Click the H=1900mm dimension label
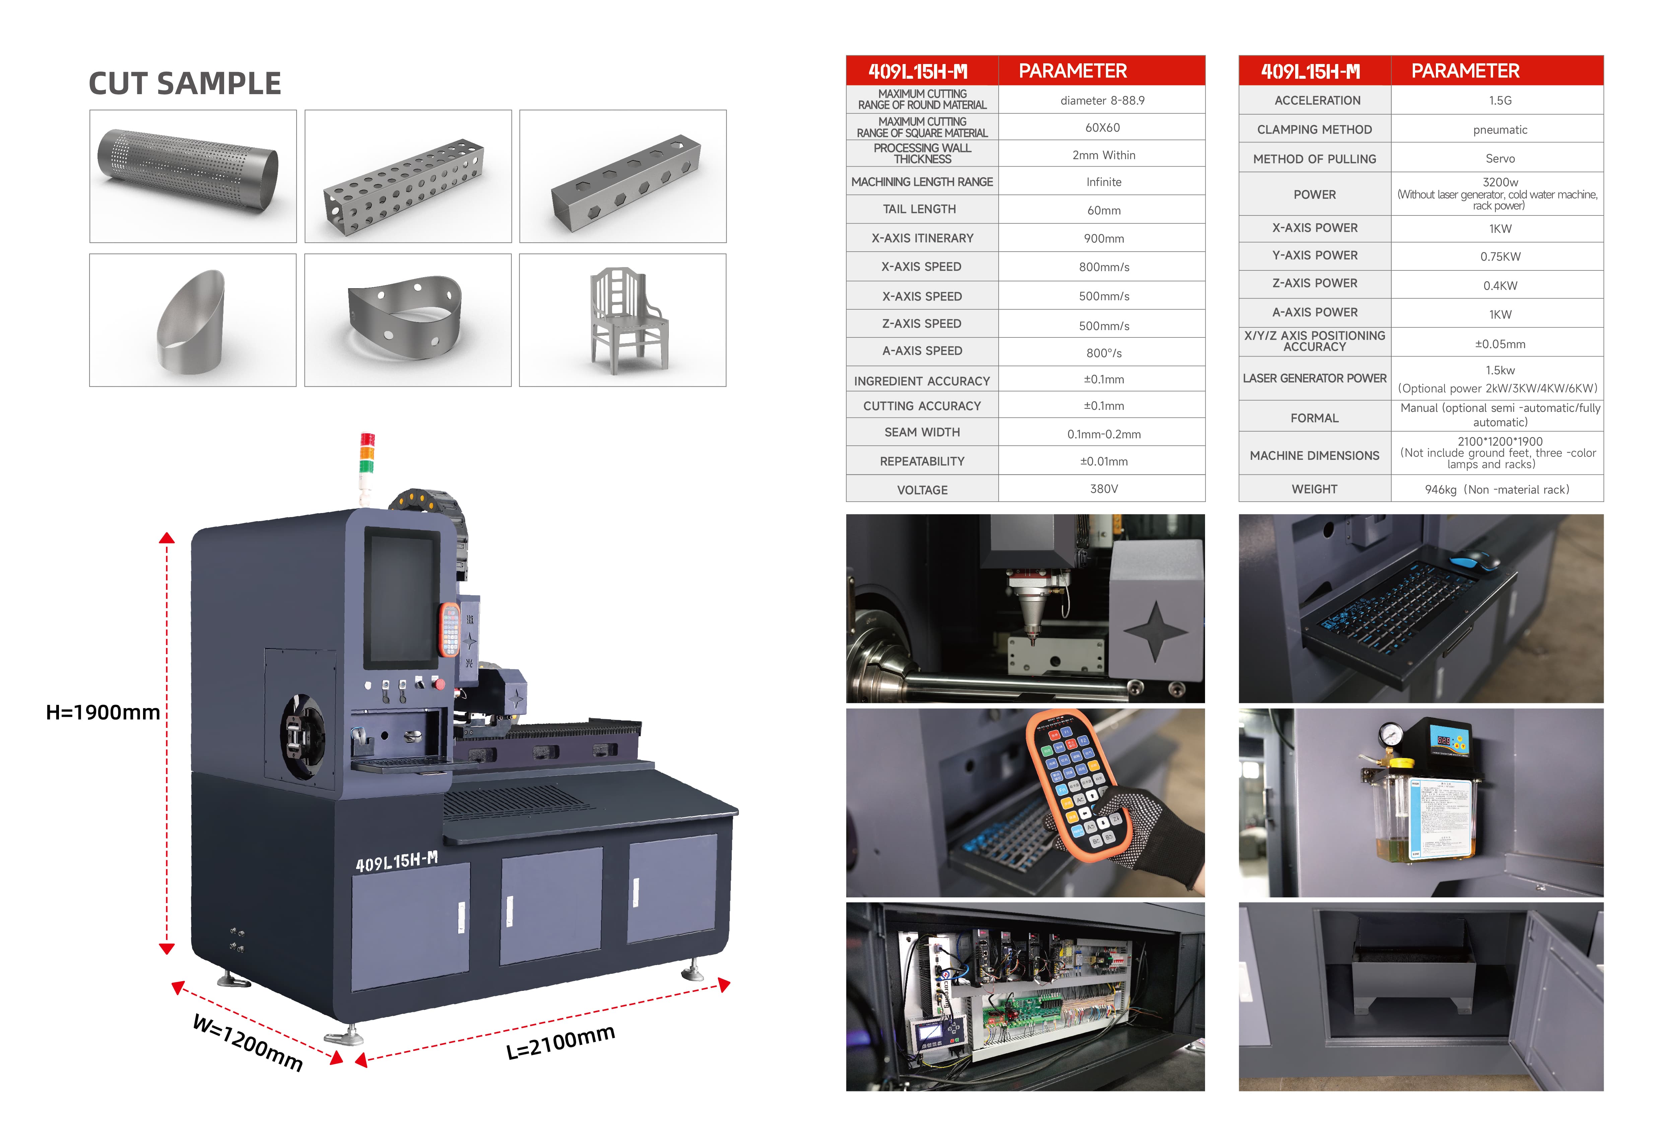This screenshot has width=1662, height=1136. tap(103, 712)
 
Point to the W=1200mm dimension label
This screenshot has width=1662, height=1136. tap(248, 1042)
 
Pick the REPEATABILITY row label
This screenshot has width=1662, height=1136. tap(922, 461)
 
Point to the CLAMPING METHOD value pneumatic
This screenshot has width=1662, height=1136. tap(1500, 129)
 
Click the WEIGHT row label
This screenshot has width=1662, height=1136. tap(1314, 489)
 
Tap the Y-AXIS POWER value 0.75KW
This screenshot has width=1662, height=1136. tap(1500, 256)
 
